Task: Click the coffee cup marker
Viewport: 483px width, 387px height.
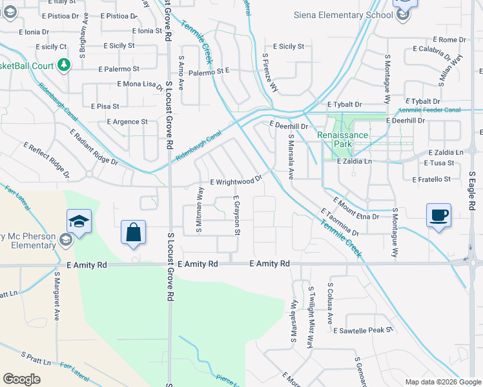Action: [x=438, y=215]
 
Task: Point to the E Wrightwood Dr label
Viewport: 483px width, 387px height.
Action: [x=235, y=183]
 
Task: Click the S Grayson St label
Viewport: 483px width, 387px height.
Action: [x=237, y=215]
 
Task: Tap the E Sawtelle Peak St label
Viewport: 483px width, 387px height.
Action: [x=364, y=330]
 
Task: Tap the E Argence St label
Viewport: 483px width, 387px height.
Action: [x=127, y=121]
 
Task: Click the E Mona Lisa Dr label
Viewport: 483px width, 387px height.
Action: [x=140, y=84]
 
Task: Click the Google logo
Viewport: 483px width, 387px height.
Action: [x=21, y=379]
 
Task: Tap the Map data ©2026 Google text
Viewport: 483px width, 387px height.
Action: [x=443, y=382]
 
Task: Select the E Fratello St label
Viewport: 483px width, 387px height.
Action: [x=427, y=179]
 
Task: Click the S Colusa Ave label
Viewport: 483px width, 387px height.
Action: [x=330, y=303]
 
